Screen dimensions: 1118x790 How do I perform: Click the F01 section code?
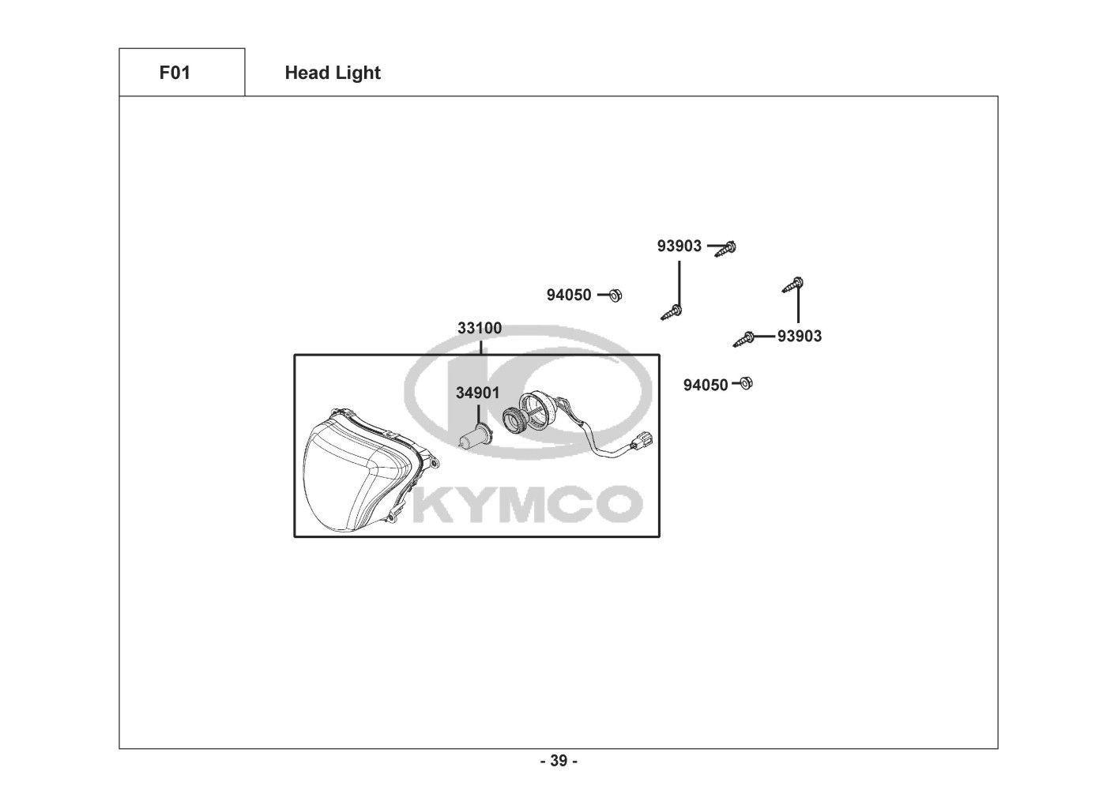click(175, 73)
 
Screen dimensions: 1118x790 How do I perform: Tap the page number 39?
click(559, 761)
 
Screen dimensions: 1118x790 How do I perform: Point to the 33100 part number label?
click(479, 328)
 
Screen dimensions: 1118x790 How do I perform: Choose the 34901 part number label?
click(477, 393)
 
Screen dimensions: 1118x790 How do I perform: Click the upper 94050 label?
click(569, 295)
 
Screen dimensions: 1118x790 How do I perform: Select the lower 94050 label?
click(706, 386)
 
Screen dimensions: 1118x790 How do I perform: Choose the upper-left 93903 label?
click(679, 246)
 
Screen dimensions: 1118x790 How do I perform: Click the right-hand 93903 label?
click(800, 337)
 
